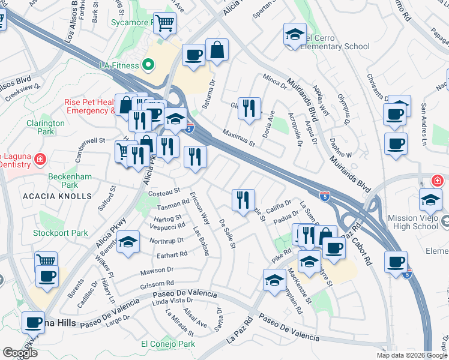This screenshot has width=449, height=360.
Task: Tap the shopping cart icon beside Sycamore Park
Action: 164,23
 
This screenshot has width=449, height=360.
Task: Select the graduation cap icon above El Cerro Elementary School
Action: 295,34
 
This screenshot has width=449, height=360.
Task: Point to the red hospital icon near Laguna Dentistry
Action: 40,159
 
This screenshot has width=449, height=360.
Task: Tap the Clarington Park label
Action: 45,127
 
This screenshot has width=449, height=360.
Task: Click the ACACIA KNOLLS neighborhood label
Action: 58,196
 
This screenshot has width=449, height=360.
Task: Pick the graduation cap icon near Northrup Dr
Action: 127,242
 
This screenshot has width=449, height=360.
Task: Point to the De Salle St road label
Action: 228,233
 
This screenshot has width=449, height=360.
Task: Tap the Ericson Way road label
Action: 200,209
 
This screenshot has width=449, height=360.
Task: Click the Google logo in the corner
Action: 20,353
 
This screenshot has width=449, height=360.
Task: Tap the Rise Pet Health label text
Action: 90,102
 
